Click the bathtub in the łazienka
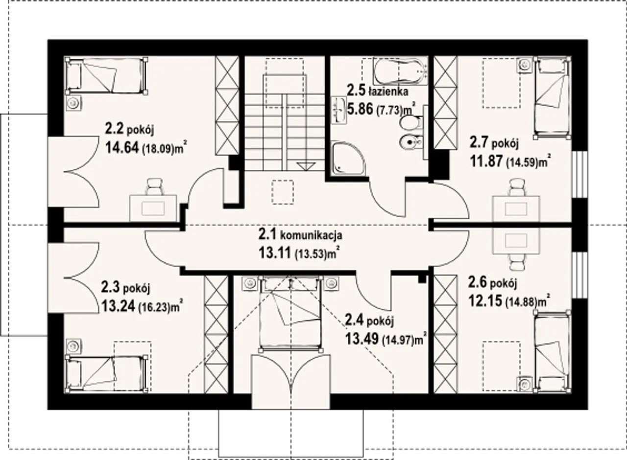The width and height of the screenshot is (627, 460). [400, 71]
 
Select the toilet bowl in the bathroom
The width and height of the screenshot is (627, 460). [410, 123]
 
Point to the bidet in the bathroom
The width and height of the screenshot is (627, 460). [410, 142]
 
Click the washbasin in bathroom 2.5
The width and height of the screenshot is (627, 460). [339, 110]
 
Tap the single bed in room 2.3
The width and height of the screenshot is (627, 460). [106, 373]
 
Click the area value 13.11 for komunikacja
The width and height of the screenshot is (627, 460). [275, 253]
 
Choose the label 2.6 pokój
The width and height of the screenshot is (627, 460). [493, 283]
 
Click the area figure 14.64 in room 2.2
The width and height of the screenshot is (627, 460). [122, 147]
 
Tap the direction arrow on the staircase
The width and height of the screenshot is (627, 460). [306, 166]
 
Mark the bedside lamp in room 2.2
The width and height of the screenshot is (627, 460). [74, 103]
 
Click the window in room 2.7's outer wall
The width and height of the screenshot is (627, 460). [579, 175]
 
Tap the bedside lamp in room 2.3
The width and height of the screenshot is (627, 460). [74, 346]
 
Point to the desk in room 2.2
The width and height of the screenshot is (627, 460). [153, 208]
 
